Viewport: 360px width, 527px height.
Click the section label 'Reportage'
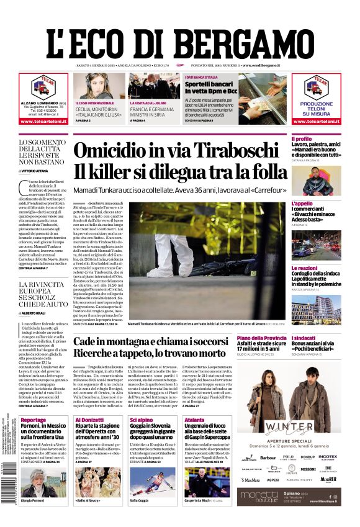[x=34, y=420]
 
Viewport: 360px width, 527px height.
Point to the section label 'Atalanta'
[x=178, y=420]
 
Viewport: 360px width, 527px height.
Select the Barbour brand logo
[x=268, y=457]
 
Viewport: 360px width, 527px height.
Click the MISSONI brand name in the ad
[x=308, y=469]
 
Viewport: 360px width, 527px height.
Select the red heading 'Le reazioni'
[x=304, y=268]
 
